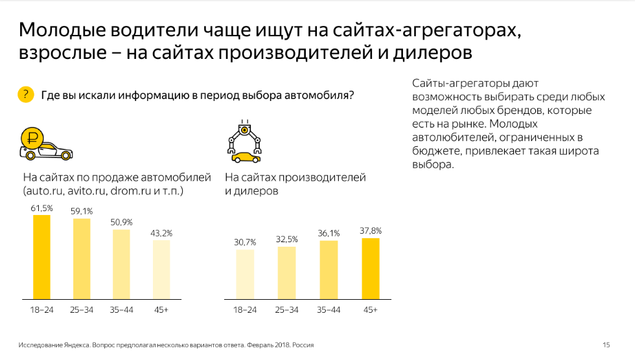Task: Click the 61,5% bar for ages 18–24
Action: click(41, 257)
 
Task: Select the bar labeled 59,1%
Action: click(82, 259)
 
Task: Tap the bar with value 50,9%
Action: click(122, 264)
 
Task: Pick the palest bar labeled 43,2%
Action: click(162, 270)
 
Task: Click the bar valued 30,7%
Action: click(245, 275)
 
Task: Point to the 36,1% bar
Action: click(329, 270)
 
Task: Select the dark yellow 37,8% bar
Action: click(370, 269)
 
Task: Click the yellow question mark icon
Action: click(25, 95)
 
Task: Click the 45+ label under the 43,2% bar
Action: click(162, 310)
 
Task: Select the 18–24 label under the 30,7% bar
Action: click(245, 310)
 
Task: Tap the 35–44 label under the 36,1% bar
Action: click(329, 310)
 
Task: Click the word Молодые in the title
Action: click(63, 30)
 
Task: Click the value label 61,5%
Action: click(41, 208)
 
